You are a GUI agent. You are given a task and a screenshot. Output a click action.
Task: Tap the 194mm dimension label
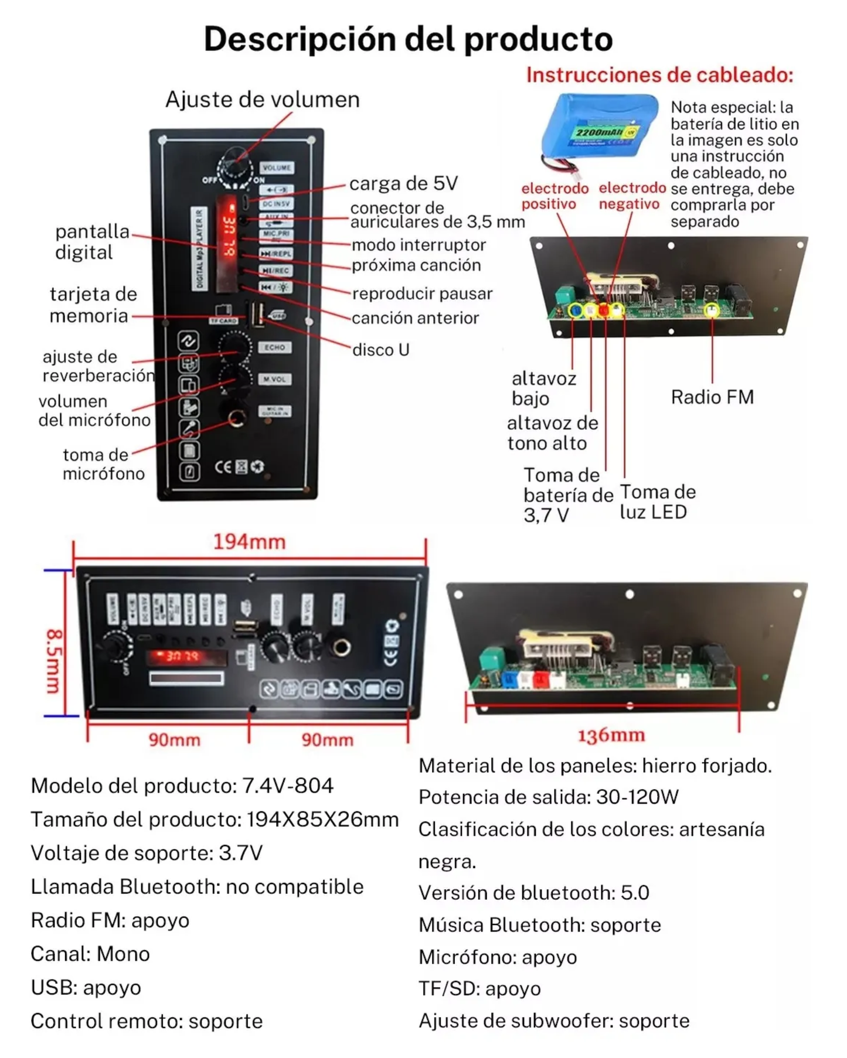[x=249, y=542]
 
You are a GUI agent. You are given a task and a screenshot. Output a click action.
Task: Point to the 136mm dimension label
[x=611, y=736]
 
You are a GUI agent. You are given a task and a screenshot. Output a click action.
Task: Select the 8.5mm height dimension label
[x=54, y=661]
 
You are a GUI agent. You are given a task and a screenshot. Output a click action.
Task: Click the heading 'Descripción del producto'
[x=408, y=39]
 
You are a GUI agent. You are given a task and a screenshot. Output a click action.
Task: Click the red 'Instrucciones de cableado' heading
[x=659, y=75]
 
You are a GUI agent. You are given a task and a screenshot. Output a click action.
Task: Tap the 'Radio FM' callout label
[x=712, y=397]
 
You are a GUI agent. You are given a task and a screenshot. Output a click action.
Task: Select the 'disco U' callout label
[x=380, y=350]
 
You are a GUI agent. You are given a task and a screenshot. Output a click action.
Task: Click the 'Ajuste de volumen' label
[x=262, y=100]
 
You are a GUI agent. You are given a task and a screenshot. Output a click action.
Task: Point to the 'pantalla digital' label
[x=92, y=242]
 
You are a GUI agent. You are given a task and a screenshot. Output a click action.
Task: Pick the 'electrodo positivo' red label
[x=555, y=196]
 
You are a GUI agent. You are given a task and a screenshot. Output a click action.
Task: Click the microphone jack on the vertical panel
[x=236, y=418]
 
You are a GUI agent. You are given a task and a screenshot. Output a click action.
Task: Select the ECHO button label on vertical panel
[x=274, y=347]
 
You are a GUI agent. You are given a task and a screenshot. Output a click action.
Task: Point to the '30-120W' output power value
[x=637, y=797]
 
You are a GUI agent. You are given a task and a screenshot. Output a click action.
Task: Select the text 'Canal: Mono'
[x=90, y=954]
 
